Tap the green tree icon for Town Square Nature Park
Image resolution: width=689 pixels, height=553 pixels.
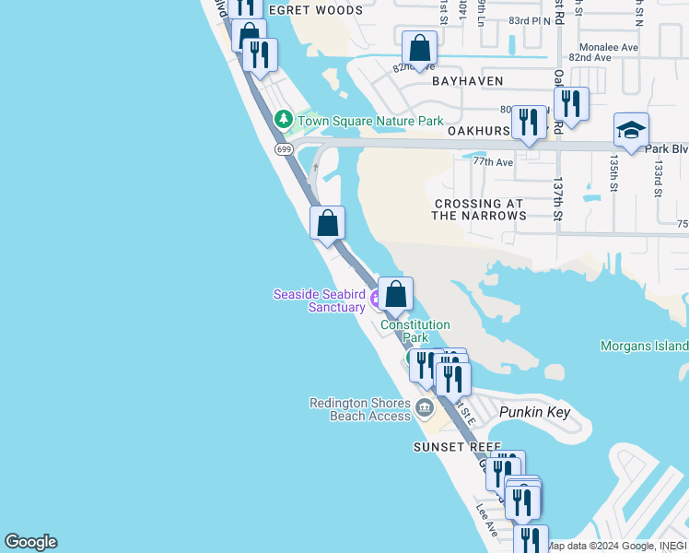coord(284,120)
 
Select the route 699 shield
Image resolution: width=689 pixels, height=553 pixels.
coord(283,148)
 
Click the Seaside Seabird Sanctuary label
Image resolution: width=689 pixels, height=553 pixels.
coord(319,300)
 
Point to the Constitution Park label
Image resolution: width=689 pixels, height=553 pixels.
coord(415,331)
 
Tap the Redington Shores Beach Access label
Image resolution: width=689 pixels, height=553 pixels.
coord(360,409)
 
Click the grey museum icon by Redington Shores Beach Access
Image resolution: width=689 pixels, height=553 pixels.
coord(425,407)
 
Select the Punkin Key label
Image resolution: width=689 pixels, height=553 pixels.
coord(535,413)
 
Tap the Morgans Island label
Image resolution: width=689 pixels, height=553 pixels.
coord(644,346)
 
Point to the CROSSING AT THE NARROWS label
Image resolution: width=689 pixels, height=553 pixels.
coord(479,209)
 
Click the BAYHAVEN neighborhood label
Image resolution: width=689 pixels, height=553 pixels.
coord(469,81)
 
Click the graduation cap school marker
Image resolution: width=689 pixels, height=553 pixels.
coord(631,132)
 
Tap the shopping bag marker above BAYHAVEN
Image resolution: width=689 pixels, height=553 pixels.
coord(419,49)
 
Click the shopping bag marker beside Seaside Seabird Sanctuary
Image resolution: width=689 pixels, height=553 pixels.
coord(396,295)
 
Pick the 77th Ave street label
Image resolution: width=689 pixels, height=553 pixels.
coord(493,161)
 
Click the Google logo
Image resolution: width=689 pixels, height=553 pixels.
coord(30,542)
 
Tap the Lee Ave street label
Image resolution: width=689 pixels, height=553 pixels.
coord(486,519)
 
